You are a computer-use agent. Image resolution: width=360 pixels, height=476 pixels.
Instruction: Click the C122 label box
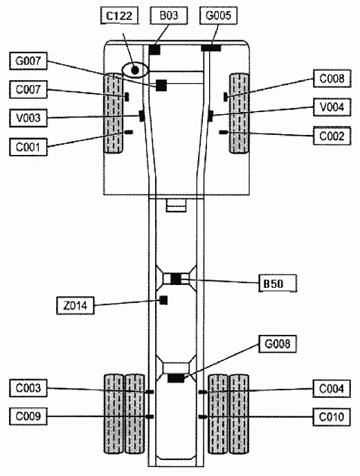pos(119,15)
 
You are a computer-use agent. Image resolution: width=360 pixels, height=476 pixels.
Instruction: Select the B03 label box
pos(169,15)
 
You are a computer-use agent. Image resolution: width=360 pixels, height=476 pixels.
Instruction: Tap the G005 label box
pos(219,15)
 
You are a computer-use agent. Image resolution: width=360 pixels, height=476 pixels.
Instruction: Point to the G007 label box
pos(28,61)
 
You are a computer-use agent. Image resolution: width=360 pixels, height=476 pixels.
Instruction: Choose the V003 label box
pos(28,118)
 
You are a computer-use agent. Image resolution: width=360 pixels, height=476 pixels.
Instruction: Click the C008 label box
pos(332,79)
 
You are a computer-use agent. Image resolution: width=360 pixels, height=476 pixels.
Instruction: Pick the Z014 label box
pos(75,305)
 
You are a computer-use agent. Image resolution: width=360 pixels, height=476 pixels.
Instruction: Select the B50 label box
pos(278,283)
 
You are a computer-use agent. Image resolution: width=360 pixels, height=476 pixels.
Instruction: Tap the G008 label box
pos(278,344)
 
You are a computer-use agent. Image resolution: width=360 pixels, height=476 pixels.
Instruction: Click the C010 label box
pos(332,416)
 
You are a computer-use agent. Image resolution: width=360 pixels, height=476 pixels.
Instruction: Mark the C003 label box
pos(28,388)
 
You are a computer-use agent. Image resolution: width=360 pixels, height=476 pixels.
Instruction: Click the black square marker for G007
pos(161,85)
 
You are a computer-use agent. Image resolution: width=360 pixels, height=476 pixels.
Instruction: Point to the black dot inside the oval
pos(135,71)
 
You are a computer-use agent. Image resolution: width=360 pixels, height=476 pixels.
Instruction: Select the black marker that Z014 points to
pos(163,300)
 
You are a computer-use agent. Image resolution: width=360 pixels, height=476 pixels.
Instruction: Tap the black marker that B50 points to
pos(176,279)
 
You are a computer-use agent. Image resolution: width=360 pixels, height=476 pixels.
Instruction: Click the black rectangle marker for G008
pos(176,378)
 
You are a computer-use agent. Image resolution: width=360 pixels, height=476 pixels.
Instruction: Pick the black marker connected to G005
pos(211,48)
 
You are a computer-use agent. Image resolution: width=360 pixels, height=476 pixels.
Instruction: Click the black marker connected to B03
pos(154,50)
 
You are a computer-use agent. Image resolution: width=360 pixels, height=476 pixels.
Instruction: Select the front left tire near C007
pos(114,113)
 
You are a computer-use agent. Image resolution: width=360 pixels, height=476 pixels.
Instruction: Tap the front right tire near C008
pos(239,113)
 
